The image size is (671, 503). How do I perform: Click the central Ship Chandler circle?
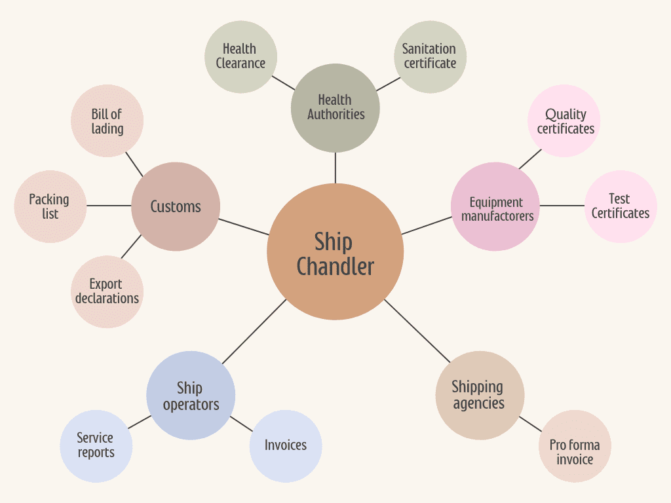point(335,252)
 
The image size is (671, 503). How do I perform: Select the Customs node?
point(176,206)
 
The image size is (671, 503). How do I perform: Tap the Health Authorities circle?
point(335,107)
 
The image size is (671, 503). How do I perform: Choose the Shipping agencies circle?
point(480,395)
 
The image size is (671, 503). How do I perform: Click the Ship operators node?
point(191,395)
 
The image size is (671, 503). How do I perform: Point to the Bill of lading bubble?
point(106,121)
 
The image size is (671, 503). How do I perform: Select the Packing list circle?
point(50,206)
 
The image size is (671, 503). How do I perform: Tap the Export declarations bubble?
point(107,291)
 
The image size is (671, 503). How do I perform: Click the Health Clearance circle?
point(240,56)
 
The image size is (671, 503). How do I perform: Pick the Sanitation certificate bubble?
point(430,56)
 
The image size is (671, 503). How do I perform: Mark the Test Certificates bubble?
point(620,206)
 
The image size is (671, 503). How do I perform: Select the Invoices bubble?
point(286,446)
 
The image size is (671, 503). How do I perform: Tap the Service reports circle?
point(96,446)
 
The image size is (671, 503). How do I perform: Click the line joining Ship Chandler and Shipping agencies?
point(417,331)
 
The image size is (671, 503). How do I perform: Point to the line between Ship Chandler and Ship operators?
point(254,332)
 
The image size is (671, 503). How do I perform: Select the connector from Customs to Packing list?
point(109,206)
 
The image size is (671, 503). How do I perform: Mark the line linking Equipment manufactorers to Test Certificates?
point(562,206)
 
